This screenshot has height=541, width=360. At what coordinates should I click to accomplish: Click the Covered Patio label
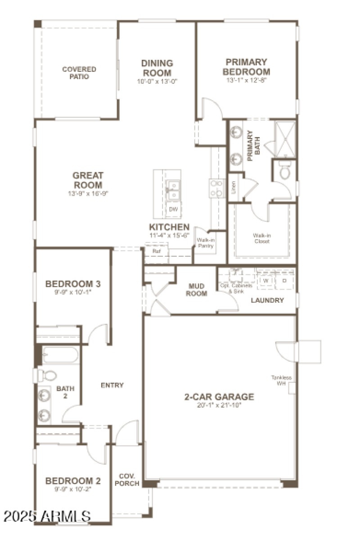click(x=79, y=73)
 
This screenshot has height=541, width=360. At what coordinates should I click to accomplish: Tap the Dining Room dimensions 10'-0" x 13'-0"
click(x=157, y=82)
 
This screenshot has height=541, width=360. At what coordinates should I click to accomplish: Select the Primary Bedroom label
click(x=247, y=67)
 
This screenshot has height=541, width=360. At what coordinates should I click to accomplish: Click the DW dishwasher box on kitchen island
click(x=173, y=209)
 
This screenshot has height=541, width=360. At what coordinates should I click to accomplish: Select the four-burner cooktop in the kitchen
click(x=217, y=188)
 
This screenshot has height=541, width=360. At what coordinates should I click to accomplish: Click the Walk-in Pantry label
click(x=205, y=243)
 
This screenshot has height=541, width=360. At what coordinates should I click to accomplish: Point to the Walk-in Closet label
click(x=261, y=238)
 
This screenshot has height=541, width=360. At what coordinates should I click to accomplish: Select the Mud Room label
click(x=197, y=290)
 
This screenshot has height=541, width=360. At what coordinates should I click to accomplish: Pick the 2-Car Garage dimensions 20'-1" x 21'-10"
click(x=219, y=405)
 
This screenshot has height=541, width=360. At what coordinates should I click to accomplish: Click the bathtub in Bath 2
click(x=60, y=355)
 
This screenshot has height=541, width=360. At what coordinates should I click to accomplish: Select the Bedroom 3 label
click(x=73, y=284)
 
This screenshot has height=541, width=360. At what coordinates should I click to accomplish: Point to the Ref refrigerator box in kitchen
click(x=157, y=251)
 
